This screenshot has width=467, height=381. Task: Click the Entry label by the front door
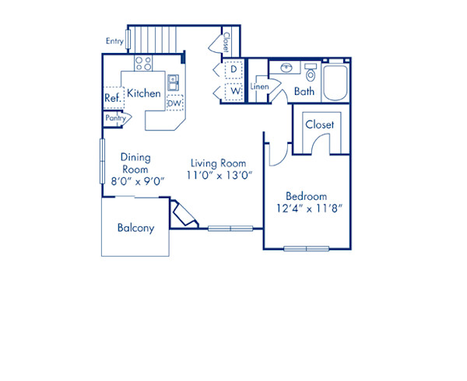114,41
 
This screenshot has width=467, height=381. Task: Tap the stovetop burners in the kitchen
143,63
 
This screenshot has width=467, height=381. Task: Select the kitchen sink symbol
173,82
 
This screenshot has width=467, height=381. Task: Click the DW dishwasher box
175,103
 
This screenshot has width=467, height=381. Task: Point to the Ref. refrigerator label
112,98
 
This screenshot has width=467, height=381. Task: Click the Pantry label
115,118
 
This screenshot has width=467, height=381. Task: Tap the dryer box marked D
233,70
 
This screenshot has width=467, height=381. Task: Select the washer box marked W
233,91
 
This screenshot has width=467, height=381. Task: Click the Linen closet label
259,86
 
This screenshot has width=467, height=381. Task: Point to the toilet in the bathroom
311,72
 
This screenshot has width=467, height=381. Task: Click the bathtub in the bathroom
335,83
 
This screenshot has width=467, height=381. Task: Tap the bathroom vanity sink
286,68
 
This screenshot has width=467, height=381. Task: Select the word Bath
304,91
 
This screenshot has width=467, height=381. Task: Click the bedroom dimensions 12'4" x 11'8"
310,208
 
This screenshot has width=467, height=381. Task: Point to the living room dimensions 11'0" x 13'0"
219,176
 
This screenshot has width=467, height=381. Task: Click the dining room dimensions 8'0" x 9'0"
138,181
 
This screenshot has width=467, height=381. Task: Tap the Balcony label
135,228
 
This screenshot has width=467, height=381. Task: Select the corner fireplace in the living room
183,215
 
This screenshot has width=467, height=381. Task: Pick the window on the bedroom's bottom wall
307,249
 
